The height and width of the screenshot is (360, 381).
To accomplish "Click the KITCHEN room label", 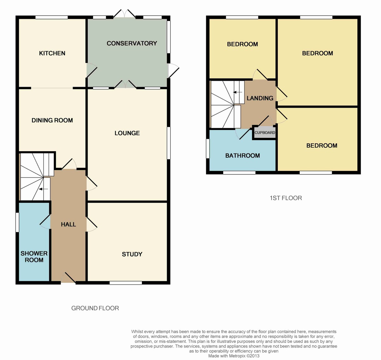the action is [52, 53].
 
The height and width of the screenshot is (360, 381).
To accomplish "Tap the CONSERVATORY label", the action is [132, 44].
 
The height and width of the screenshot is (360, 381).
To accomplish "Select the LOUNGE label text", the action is [127, 133].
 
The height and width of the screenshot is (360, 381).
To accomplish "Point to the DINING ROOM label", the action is [52, 120].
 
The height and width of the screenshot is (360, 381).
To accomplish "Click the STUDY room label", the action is [132, 254].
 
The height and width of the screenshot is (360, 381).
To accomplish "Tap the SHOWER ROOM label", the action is [34, 257].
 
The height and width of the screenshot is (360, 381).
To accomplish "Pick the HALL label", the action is [69, 224].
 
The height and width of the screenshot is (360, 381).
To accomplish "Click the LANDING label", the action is [260, 98].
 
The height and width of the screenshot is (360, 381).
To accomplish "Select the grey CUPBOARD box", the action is [265, 132].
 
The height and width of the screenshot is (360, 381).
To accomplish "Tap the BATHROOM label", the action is [243, 155].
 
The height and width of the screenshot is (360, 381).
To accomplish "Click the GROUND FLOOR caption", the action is [95, 308].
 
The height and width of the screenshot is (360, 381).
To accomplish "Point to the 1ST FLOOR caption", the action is [286, 198].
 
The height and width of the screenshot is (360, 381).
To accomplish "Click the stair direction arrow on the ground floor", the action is [43, 189].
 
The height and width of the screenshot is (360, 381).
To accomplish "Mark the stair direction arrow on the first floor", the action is [238, 92].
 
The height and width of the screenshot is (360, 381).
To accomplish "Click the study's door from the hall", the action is [92, 224].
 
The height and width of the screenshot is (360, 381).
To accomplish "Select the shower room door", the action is [45, 222].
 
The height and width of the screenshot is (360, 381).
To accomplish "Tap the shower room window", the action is [17, 222].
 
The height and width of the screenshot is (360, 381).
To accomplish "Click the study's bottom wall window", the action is [126, 282].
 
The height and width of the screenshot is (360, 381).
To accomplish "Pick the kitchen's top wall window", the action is [52, 17].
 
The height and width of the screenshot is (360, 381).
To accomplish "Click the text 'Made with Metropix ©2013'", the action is [234, 356].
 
